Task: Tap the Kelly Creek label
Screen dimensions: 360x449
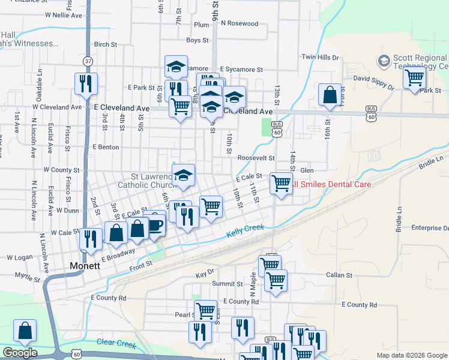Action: click(245, 232)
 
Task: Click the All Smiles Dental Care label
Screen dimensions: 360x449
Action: click(331, 184)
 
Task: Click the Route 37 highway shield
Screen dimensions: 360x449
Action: click(88, 61)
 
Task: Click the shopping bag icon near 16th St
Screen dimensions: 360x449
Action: click(330, 94)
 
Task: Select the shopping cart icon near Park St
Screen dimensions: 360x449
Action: click(415, 77)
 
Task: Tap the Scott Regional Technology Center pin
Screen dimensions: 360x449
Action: click(384, 61)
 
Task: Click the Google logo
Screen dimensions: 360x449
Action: click(20, 353)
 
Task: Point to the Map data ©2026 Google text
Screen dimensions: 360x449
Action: click(411, 355)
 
